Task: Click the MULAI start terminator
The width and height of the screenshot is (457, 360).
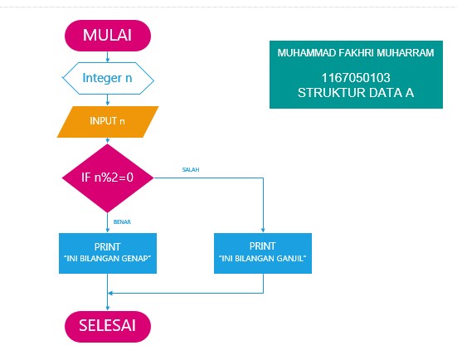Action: (x=108, y=35)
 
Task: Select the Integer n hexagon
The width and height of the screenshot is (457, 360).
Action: (x=108, y=79)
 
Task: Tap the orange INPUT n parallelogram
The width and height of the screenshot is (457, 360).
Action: (x=108, y=121)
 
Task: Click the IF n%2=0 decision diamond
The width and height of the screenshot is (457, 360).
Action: (x=108, y=177)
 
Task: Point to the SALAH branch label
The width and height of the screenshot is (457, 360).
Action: (x=190, y=169)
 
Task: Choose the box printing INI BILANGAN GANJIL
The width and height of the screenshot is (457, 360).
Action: (x=262, y=252)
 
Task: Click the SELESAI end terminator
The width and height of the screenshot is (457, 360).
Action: (x=108, y=324)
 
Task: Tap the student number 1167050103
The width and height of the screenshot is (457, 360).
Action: (x=356, y=78)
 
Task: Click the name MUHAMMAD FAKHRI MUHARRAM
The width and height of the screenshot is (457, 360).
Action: (x=356, y=54)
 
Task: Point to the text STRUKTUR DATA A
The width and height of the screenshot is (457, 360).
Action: (x=356, y=93)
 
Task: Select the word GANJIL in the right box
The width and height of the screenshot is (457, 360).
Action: (x=290, y=258)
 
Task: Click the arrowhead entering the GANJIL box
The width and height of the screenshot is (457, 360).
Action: (x=262, y=230)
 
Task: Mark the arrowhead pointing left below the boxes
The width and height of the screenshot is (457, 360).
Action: (x=112, y=292)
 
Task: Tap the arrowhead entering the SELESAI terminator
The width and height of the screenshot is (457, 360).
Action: (x=108, y=307)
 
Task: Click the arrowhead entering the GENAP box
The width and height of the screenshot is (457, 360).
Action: (x=108, y=230)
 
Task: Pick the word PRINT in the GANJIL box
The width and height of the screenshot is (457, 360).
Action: (x=262, y=246)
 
